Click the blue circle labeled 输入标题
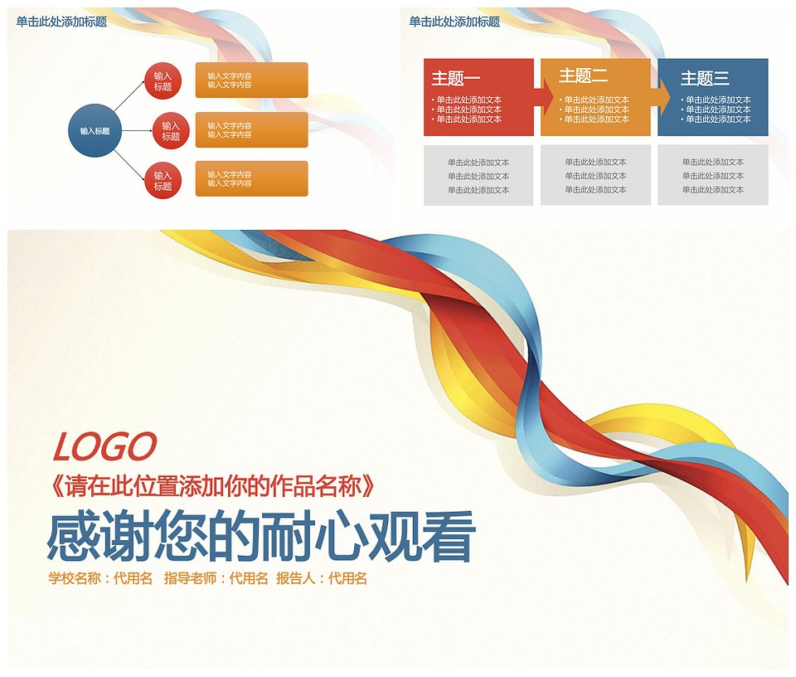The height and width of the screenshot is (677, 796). tap(95, 130)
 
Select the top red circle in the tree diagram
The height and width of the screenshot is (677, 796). tap(163, 80)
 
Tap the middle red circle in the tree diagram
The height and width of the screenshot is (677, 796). tap(171, 130)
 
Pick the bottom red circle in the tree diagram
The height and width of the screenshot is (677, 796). tap(163, 180)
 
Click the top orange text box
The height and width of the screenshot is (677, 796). tap(252, 80)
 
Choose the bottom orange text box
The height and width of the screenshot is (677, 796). tap(252, 178)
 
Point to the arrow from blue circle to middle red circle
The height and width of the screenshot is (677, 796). tap(137, 130)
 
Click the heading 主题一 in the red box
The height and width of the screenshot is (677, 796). tap(455, 78)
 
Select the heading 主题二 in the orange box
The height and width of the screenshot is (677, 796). tap(583, 75)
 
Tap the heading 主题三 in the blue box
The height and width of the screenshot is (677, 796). tap(705, 78)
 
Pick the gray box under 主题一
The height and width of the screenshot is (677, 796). tap(478, 175)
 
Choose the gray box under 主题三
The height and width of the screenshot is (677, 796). tap(713, 175)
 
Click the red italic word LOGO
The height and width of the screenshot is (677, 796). tap(104, 446)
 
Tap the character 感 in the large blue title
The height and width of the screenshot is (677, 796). tap(73, 536)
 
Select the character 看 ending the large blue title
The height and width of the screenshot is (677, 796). tap(449, 536)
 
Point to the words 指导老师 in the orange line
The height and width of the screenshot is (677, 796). tap(191, 578)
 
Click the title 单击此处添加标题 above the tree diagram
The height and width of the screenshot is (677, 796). tap(61, 22)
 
